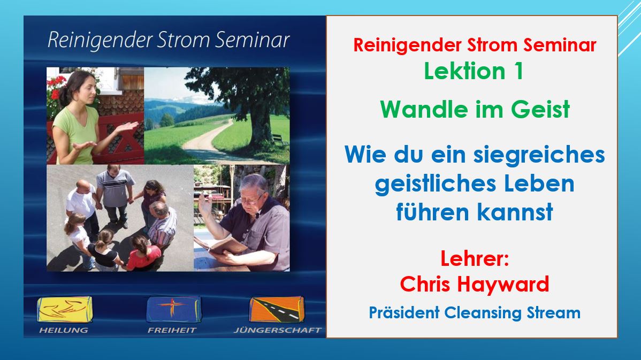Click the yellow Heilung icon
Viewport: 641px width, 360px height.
pos(65,309)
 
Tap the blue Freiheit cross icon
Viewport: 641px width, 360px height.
pos(174,309)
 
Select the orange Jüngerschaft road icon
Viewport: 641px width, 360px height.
pos(277,309)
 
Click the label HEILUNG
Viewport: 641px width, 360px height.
pos(63,330)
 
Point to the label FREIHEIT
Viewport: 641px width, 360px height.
pos(172,330)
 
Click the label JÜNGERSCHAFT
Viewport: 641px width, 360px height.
pos(278,330)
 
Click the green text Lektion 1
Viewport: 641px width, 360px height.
pos(474,71)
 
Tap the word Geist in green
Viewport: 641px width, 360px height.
pos(540,110)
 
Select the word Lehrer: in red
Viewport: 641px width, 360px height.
pos(475,259)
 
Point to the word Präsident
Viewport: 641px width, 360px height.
pos(405,312)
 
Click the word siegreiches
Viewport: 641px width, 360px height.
pos(539,156)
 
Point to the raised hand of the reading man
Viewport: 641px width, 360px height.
pos(205,204)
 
